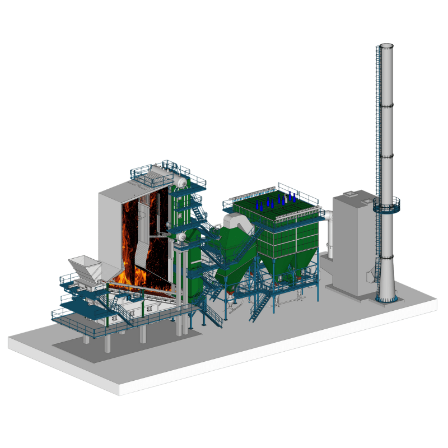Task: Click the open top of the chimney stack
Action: pos(386,45)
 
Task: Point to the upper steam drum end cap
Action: pos(182,181)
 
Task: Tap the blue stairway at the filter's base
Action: pos(259,307)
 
